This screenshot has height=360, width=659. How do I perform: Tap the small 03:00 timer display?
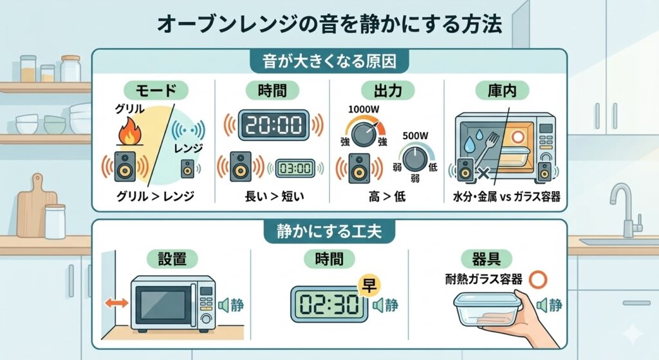[x=295, y=169]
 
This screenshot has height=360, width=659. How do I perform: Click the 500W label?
[x=416, y=137]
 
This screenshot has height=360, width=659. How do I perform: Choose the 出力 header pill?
[x=386, y=90]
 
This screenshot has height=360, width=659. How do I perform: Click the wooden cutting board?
[x=35, y=213]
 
